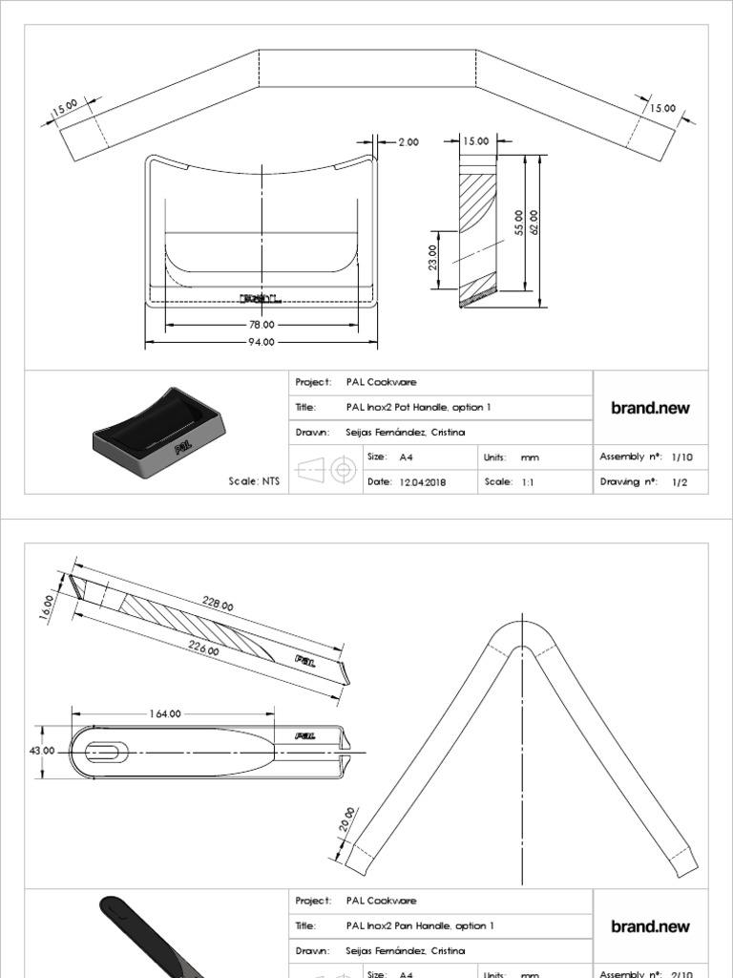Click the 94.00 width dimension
[x=261, y=342]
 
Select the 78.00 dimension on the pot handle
[x=261, y=325]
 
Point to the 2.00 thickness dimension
[x=408, y=142]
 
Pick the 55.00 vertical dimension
[x=518, y=222]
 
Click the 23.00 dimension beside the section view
[x=432, y=256]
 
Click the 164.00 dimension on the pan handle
[x=164, y=713]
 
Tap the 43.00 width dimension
[x=43, y=752]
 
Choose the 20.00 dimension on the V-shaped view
[x=348, y=819]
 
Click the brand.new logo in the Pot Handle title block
[x=650, y=408]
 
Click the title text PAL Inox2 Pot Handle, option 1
[x=418, y=408]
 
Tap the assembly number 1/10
[x=681, y=457]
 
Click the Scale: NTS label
[x=253, y=482]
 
